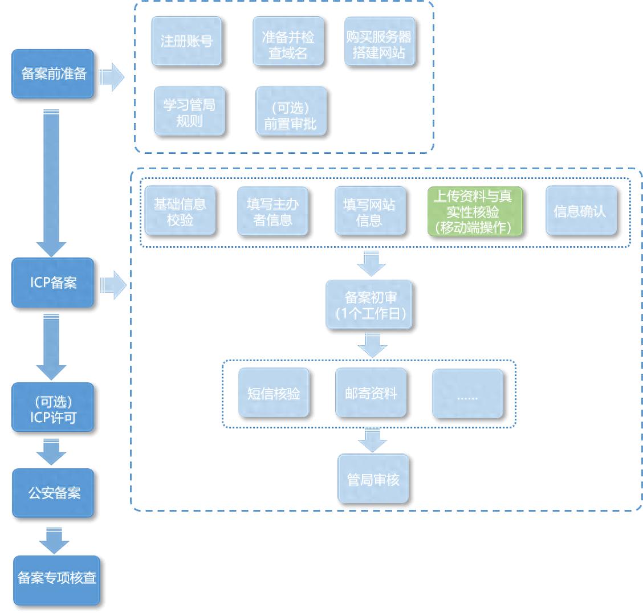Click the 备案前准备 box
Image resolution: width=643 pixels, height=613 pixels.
tap(53, 73)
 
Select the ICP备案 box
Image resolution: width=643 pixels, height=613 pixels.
tap(53, 283)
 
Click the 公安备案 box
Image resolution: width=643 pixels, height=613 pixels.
tap(53, 493)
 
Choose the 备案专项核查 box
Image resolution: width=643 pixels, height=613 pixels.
tap(56, 579)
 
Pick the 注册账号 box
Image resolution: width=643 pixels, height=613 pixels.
tap(186, 42)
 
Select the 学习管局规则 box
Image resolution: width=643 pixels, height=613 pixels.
tap(189, 112)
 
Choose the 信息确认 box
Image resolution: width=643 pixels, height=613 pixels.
tap(580, 211)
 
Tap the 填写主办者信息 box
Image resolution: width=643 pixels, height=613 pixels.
tap(272, 211)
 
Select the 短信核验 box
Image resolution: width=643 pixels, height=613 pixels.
tap(273, 393)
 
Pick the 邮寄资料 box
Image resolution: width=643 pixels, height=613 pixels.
tap(371, 393)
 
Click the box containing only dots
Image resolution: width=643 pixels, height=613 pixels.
tap(467, 393)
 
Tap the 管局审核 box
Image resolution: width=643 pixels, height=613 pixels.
tap(373, 479)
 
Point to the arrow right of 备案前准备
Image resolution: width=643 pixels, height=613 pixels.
tap(112, 77)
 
